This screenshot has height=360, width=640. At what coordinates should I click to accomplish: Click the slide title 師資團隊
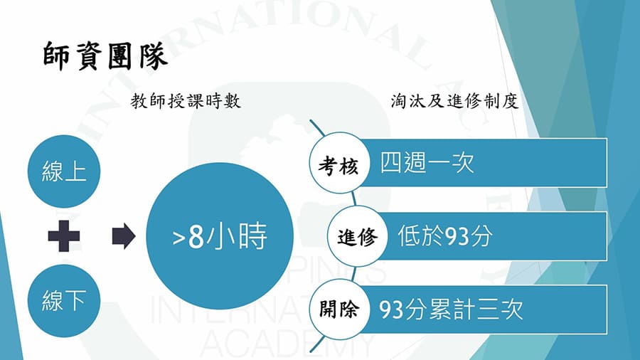tap(105, 55)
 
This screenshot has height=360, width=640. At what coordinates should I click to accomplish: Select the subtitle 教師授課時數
tap(186, 102)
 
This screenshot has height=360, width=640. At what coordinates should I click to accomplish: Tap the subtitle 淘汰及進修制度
tap(454, 102)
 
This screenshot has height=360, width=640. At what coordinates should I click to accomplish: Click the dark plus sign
tap(64, 236)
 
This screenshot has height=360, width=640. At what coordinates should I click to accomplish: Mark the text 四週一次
tap(427, 164)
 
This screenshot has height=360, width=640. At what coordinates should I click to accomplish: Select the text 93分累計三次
tap(451, 309)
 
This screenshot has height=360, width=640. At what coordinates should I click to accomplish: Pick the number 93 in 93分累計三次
tap(392, 309)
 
